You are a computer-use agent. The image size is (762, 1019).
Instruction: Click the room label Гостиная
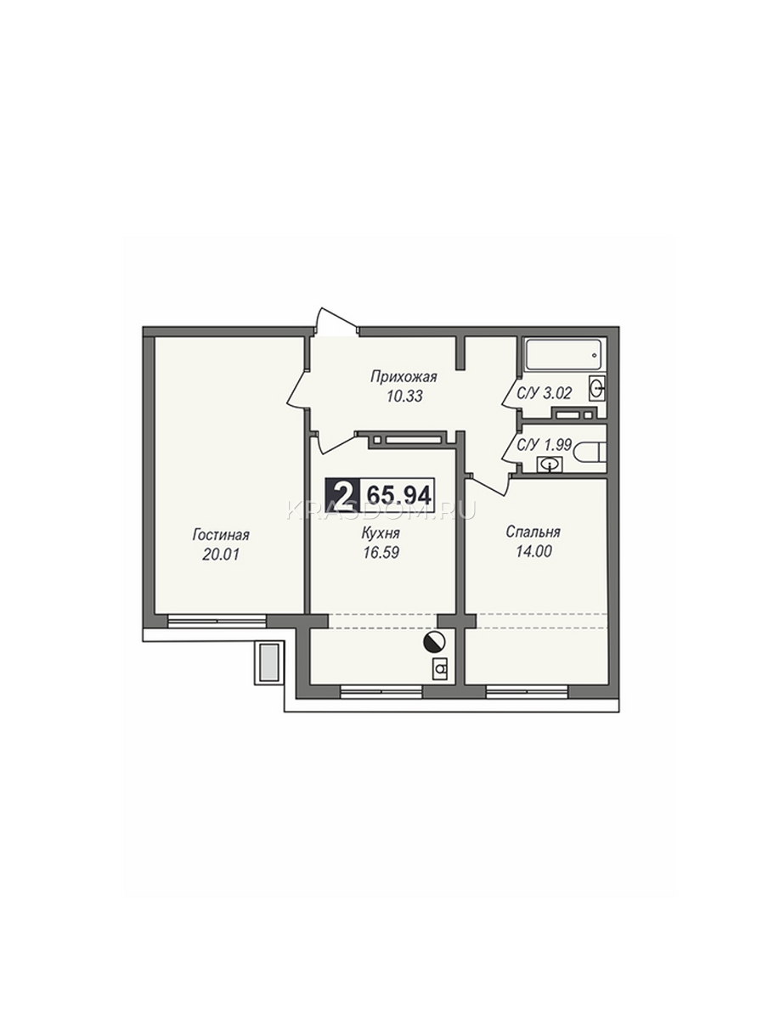pos(221,535)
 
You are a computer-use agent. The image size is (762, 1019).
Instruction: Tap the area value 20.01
pos(221,555)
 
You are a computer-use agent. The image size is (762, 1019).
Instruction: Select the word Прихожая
pos(404,377)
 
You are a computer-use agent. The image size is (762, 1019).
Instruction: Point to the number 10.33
pos(404,397)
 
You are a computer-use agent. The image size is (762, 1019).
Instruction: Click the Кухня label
pos(381,534)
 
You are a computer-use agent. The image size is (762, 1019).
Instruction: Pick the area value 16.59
pos(381,553)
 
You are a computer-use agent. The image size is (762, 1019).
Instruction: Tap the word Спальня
pos(533,532)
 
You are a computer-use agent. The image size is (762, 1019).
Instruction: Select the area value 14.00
pos(533,551)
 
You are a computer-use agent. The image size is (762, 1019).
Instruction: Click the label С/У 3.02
pos(545,393)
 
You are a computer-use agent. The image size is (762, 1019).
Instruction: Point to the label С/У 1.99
pos(544,445)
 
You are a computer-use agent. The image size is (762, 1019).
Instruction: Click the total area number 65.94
pos(399,495)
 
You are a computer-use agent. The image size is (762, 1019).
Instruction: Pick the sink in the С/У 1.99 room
pos(550,464)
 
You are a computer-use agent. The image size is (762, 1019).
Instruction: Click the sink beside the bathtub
pos(597,387)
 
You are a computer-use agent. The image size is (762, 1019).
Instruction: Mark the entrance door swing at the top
pos(336,320)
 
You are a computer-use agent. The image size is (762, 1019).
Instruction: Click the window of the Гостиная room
pos(217,621)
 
